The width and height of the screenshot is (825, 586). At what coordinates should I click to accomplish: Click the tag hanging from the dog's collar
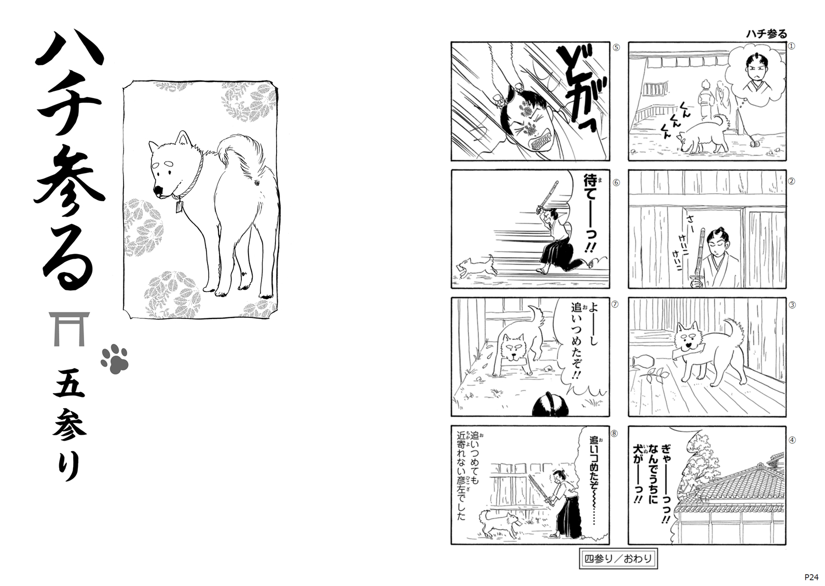pos(180,207)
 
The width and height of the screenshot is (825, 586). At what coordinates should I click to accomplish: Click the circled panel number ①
pos(791,46)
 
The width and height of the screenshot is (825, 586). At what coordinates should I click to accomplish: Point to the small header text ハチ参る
pos(766,34)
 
